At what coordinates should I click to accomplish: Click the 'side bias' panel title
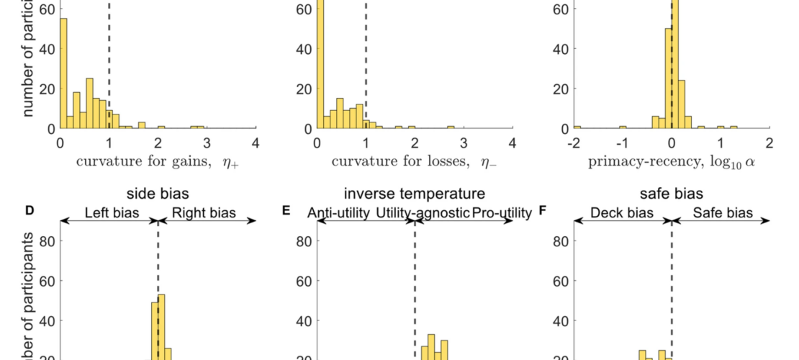(x=158, y=194)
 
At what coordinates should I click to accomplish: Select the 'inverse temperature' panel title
(x=415, y=194)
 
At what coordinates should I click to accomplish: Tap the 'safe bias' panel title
(x=672, y=194)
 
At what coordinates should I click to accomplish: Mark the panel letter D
(x=30, y=211)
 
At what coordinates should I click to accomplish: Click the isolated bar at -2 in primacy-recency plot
(x=577, y=127)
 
